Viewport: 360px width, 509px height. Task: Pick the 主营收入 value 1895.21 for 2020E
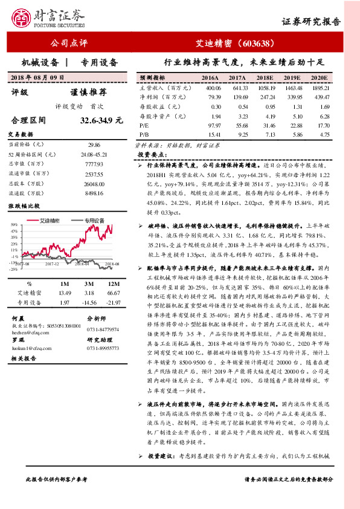click(319, 87)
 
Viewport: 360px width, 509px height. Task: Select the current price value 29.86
click(94, 145)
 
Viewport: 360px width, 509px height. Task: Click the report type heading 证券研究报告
click(311, 22)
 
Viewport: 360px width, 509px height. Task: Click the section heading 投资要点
click(148, 155)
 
